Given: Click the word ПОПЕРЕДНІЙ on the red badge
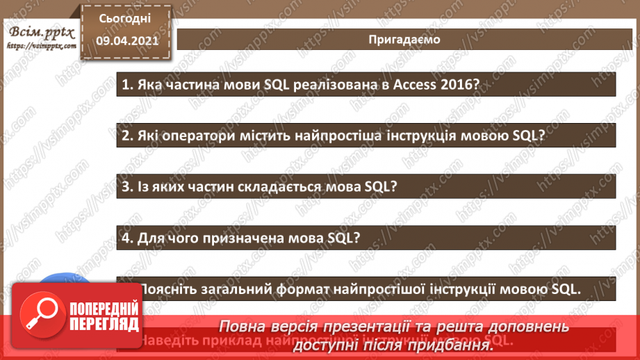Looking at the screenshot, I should pyautogui.click(x=105, y=308).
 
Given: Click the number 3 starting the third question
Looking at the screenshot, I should pyautogui.click(x=126, y=187).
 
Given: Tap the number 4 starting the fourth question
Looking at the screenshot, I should pyautogui.click(x=126, y=238).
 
